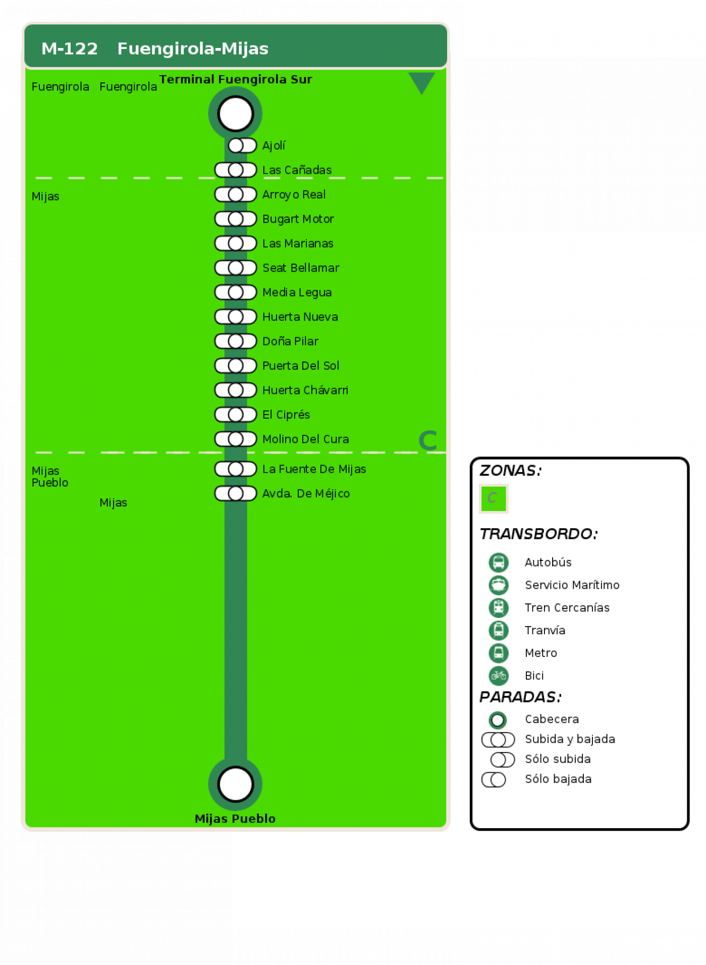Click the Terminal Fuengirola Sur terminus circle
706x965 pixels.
coord(235,113)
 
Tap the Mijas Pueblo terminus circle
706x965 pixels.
coord(235,784)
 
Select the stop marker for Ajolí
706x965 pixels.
coord(242,145)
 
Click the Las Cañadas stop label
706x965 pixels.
coord(297,170)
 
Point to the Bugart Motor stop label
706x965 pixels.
coord(298,219)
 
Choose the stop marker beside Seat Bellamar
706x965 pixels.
coord(236,268)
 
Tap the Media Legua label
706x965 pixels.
coord(297,292)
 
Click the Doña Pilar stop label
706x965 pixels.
coord(290,341)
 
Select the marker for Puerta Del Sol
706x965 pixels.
coord(236,366)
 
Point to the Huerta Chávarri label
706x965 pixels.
coord(305,390)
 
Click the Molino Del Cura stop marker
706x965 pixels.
coord(236,439)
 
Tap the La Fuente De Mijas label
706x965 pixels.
coord(314,469)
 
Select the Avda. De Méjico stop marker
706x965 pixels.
coord(236,493)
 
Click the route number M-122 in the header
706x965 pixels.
coord(70,48)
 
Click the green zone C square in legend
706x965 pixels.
coord(494,499)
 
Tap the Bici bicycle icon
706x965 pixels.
coord(499,676)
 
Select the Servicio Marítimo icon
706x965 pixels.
coord(499,585)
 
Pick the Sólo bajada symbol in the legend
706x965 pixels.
coord(494,780)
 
